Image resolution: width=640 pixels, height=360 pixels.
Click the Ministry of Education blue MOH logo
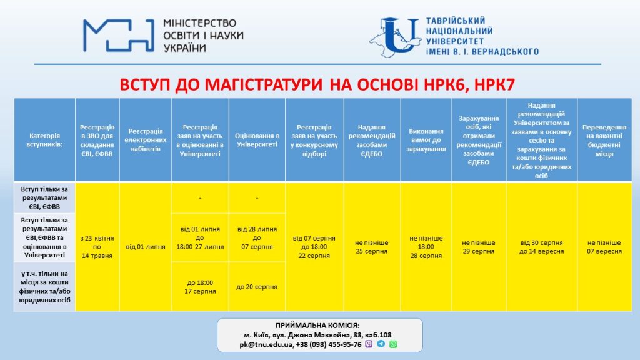click(x=119, y=35)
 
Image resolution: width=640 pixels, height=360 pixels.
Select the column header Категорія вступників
click(x=44, y=140)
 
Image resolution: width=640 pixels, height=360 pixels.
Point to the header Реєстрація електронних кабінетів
click(x=146, y=140)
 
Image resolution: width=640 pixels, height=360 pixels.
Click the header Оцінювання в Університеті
click(x=257, y=140)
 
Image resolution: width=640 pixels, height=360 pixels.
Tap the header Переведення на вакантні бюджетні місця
click(x=604, y=140)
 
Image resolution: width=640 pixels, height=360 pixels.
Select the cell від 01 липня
click(x=146, y=247)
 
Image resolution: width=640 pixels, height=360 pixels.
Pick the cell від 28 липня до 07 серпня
click(x=257, y=238)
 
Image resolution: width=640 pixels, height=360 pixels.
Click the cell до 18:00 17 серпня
click(x=200, y=287)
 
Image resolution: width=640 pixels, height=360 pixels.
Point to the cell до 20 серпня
click(x=257, y=287)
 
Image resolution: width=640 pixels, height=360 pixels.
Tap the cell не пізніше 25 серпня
click(x=372, y=247)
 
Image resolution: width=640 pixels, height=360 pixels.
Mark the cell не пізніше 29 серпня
click(x=479, y=247)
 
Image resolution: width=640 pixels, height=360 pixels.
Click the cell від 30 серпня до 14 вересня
click(x=541, y=247)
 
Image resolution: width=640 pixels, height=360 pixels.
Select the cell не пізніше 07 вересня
click(x=604, y=247)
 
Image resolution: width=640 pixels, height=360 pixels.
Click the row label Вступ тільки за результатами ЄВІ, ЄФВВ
click(x=44, y=197)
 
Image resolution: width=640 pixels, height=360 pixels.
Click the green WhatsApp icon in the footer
click(x=393, y=344)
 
